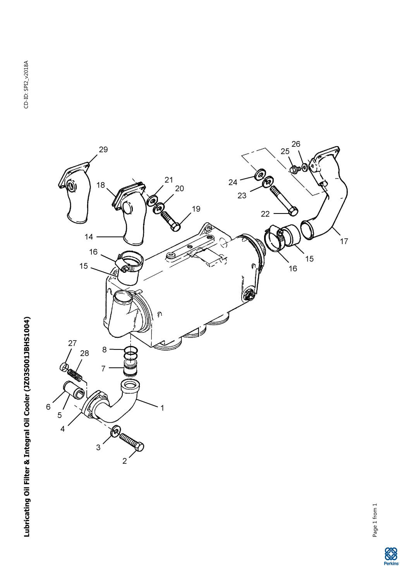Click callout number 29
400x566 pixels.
point(103,150)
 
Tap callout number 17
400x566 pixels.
point(344,241)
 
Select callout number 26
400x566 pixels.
point(296,144)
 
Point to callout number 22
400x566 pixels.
point(265,214)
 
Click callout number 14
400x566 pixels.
point(89,237)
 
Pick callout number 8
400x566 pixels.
point(105,350)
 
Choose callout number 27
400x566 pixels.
point(72,343)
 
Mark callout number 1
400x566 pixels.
point(163,408)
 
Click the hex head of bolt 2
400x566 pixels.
point(140,447)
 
